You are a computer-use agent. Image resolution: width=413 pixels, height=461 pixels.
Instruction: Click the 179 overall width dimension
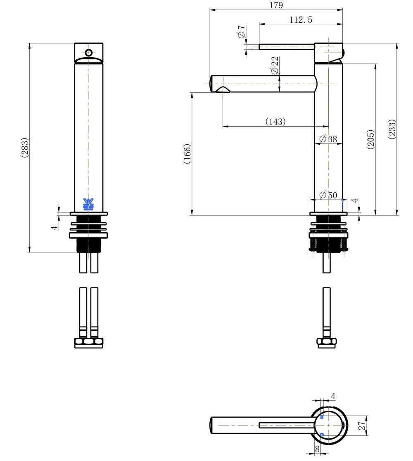coord(276,5)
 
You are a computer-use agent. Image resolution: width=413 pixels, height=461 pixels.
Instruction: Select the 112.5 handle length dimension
coord(301,20)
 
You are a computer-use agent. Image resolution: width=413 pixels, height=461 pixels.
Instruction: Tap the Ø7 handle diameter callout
coord(241,32)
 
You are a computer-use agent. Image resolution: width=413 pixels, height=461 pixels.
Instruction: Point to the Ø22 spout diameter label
coord(274,65)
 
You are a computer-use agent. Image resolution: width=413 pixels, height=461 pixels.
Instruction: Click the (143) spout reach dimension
coord(275,121)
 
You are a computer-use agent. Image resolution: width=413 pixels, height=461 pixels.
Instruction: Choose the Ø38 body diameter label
coord(328,139)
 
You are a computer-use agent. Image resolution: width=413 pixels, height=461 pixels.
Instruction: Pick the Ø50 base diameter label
coord(328,195)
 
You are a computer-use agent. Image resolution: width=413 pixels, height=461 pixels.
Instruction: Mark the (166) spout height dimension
coord(187,154)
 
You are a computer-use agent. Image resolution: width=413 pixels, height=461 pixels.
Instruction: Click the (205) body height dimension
coord(370,139)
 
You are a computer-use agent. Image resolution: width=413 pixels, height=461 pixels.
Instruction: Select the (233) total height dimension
coord(392,129)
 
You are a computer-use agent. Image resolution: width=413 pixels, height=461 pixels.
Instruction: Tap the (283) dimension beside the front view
coord(25,148)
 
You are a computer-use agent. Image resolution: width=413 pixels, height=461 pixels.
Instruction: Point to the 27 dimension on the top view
coord(362,425)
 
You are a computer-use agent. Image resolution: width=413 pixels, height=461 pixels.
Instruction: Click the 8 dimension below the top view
coord(317,449)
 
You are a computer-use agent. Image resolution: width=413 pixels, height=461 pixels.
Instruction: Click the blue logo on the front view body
coord(88,205)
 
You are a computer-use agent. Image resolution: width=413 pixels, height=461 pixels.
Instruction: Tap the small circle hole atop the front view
coord(89,53)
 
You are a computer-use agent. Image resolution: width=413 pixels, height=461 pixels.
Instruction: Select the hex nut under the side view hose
coord(326,343)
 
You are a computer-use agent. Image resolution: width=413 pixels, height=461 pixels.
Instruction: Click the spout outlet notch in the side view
coord(223,89)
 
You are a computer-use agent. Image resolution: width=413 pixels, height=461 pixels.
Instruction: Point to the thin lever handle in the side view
coord(287,47)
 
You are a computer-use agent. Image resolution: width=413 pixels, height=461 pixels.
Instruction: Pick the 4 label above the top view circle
coord(333,396)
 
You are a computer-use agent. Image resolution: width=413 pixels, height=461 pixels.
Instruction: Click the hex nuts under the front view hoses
coord(89,343)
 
